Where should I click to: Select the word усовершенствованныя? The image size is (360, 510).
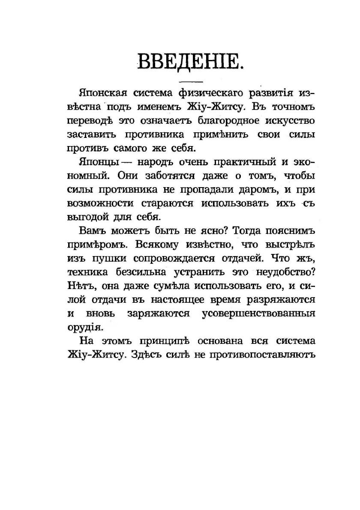pyautogui.click(x=258, y=314)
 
